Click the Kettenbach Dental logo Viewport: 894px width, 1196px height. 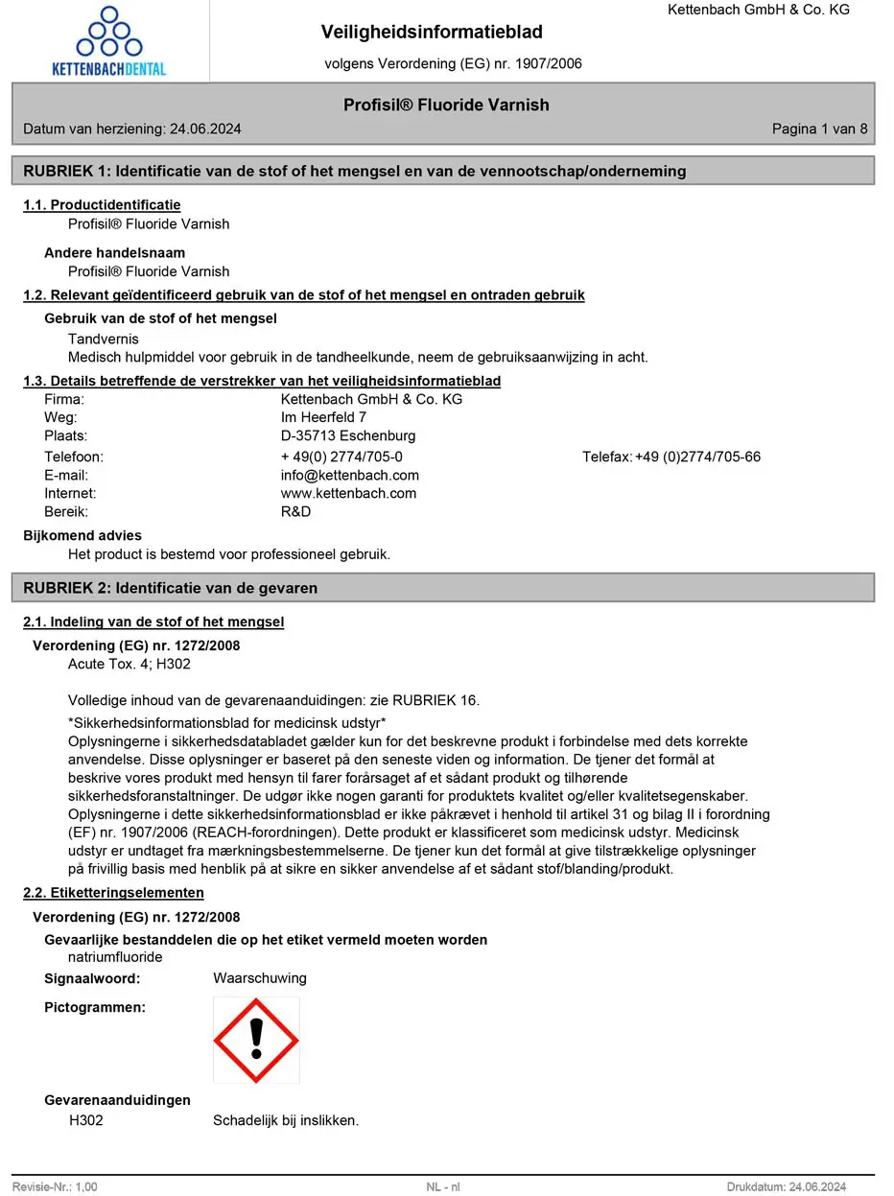tap(109, 42)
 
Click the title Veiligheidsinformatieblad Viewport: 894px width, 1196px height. tap(432, 32)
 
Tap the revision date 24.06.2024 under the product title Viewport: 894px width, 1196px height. tap(205, 129)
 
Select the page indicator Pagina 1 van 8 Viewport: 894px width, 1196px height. tap(819, 129)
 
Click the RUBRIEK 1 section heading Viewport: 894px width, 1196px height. tap(355, 171)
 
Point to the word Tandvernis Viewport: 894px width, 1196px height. tap(103, 339)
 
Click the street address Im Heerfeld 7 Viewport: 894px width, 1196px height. tap(323, 417)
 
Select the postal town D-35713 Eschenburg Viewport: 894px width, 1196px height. tap(348, 435)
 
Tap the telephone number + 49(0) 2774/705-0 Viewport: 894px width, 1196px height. tap(341, 457)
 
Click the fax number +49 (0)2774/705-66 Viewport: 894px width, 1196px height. tap(697, 457)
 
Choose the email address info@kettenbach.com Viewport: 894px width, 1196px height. tap(349, 475)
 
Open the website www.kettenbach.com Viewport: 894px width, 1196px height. tap(348, 493)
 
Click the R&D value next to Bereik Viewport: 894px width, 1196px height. tap(295, 511)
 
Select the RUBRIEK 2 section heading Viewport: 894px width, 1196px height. tap(170, 587)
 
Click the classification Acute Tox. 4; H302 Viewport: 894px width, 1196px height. tap(129, 664)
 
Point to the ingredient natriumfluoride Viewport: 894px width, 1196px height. tap(115, 957)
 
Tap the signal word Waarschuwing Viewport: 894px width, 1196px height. tap(260, 978)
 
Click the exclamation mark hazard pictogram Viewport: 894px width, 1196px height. tap(256, 1040)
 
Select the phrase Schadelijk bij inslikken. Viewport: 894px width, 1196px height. tap(286, 1120)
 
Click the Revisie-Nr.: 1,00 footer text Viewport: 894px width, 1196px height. tap(55, 1186)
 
